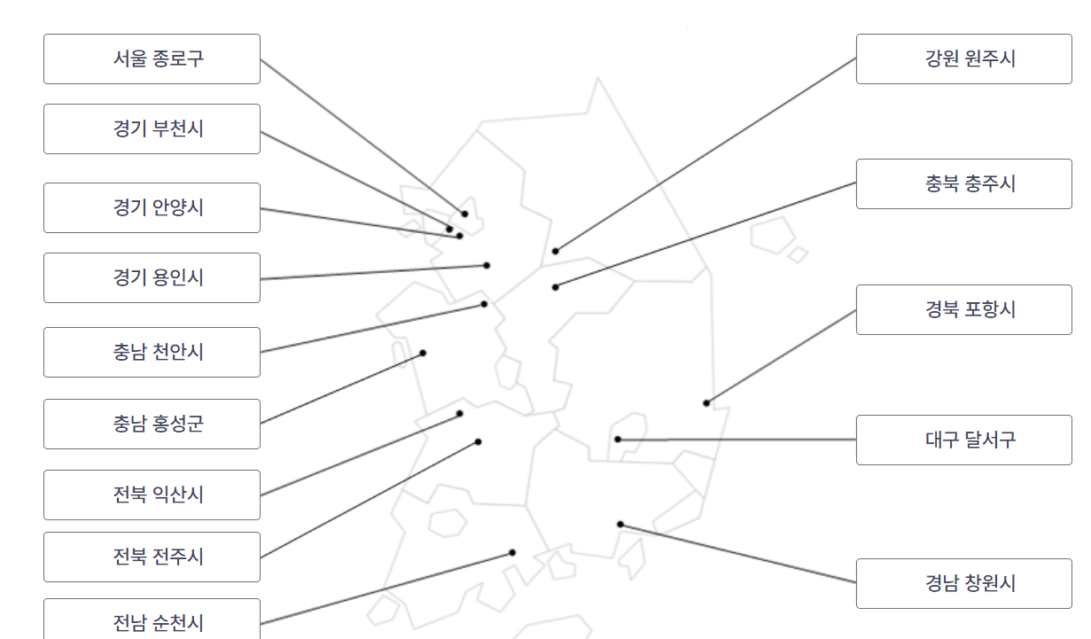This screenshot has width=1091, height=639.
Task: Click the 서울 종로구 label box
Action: (152, 59)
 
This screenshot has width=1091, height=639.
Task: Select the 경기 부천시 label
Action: (152, 129)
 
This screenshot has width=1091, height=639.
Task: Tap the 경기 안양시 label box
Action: (152, 208)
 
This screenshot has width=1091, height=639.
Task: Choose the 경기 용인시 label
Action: (152, 278)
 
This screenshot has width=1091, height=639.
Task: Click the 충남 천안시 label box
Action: (152, 353)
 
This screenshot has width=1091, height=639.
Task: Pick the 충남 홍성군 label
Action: (152, 425)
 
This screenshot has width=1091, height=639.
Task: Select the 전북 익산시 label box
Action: (152, 495)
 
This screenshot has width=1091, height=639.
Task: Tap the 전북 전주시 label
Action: (152, 557)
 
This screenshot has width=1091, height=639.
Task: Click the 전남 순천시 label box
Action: (152, 620)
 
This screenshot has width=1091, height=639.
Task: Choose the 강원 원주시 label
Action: (963, 59)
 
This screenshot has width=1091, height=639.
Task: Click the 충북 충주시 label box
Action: (963, 184)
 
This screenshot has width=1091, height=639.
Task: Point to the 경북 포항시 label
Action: (963, 310)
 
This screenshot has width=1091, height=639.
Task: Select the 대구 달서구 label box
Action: (963, 440)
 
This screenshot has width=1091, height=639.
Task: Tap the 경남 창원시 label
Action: (963, 584)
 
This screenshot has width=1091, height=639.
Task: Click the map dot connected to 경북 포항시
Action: (706, 403)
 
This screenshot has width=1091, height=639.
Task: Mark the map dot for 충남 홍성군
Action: (423, 353)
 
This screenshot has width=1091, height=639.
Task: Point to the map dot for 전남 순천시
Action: (512, 553)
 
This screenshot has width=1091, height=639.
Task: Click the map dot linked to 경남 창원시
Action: (620, 525)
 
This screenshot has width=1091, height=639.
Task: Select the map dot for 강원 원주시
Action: (556, 251)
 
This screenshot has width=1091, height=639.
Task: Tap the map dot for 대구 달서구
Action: (618, 440)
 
